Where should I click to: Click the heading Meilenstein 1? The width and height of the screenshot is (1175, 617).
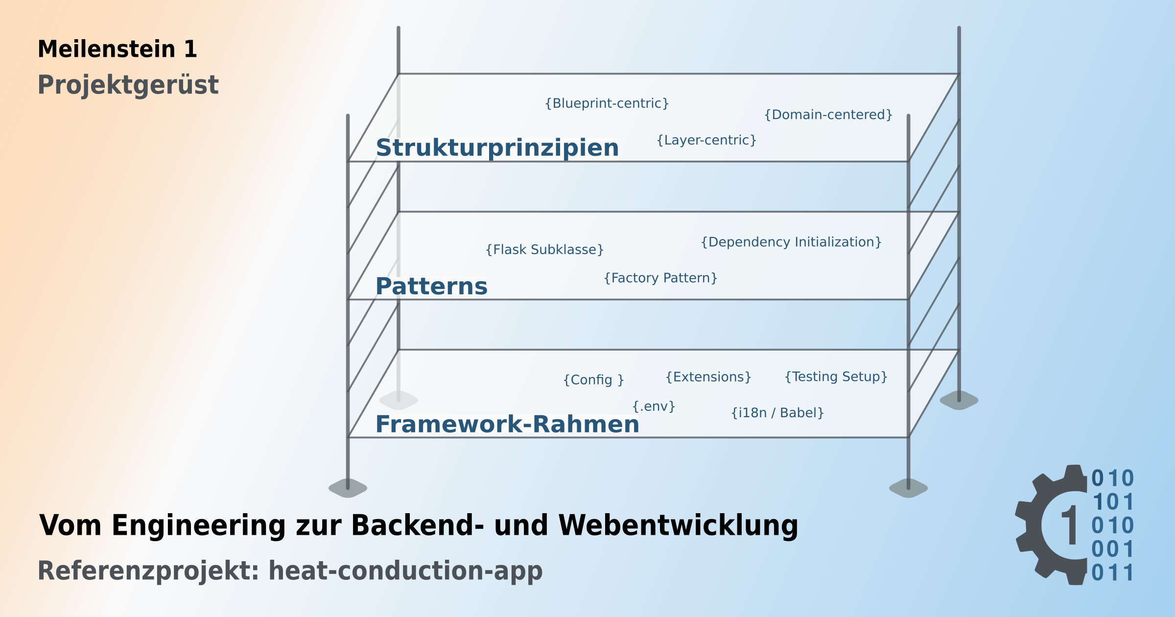(117, 49)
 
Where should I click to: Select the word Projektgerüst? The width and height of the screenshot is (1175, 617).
(128, 85)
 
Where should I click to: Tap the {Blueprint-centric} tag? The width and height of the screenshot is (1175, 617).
(607, 103)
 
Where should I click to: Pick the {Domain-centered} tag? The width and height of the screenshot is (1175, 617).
(828, 115)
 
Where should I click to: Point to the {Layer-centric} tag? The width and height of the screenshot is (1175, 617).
(706, 140)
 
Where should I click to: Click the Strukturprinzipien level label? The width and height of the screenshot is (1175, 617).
(497, 148)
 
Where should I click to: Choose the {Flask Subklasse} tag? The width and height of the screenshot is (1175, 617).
(544, 250)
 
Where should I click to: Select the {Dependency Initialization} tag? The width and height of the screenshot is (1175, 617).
(791, 242)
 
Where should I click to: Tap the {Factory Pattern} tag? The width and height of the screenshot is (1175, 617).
(660, 278)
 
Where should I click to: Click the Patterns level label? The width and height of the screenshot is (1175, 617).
(431, 286)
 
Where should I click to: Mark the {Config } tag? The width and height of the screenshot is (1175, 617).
(593, 380)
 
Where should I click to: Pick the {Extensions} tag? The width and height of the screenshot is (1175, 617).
(708, 377)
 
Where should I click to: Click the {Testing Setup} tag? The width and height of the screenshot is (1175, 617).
(836, 377)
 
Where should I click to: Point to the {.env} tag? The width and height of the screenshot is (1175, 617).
(654, 406)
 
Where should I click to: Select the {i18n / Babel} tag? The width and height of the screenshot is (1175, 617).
(777, 413)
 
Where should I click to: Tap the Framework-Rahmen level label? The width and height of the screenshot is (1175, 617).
(507, 425)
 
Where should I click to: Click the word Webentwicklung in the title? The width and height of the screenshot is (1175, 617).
(679, 525)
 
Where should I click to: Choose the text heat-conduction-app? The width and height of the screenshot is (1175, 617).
(405, 571)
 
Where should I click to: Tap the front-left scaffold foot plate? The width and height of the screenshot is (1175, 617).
(348, 488)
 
